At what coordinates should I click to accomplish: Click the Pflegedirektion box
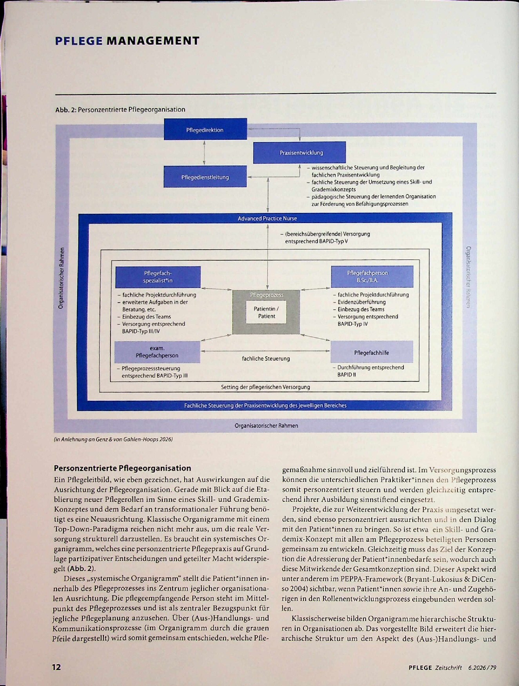tap(205, 129)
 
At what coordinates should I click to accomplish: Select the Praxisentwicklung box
tap(299, 152)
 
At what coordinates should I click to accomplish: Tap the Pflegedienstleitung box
tap(205, 176)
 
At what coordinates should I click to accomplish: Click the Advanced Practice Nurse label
tap(267, 218)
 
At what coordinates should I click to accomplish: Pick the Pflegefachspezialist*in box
tap(158, 277)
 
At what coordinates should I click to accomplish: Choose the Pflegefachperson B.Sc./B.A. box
tap(372, 276)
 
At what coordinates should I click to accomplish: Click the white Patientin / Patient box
tap(267, 312)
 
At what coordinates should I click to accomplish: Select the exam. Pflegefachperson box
tap(157, 352)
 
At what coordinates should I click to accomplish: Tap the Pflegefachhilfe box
tap(372, 352)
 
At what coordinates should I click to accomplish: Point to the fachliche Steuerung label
tap(266, 358)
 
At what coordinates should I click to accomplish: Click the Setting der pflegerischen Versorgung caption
tap(265, 387)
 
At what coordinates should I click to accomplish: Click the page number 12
tap(56, 667)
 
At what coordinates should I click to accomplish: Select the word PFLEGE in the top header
tap(79, 41)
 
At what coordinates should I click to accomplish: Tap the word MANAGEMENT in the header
tap(153, 41)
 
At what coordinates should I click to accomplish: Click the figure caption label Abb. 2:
tap(65, 110)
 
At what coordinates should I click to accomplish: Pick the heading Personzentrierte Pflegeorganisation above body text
tap(122, 468)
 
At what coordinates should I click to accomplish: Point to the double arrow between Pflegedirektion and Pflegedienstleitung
tap(204, 153)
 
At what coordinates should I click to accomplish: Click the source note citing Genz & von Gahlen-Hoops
tap(113, 439)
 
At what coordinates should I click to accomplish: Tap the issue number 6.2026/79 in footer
tap(482, 668)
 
